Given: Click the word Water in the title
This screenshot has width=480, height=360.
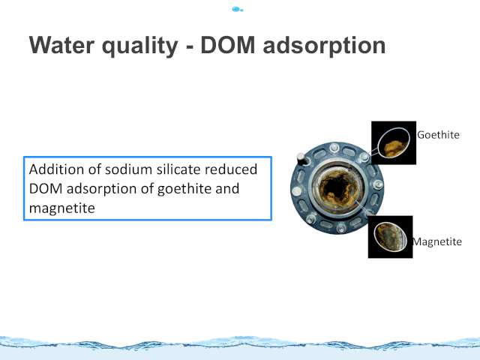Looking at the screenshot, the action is coord(61,45).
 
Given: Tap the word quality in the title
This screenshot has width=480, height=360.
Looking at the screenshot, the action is coord(139,46).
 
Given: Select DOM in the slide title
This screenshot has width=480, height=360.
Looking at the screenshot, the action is coord(228,45).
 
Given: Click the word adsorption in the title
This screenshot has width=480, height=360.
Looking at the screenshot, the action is coord(324,46).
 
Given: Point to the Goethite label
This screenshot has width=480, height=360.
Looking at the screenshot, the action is coord(438,135).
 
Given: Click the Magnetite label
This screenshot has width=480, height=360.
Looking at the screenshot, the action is coord(436,241).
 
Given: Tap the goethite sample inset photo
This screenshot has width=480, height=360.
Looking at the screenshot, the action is coord(394,142).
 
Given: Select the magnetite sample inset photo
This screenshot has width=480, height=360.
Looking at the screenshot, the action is coord(390,237).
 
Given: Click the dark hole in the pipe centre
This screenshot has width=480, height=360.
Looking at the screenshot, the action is coord(335,187).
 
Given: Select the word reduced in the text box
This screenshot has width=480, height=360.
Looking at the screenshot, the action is coord(231,169).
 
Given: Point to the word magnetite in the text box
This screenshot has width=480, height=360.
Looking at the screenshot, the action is coord(61,208).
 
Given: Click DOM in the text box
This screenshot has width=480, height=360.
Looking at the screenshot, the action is coord(46,189).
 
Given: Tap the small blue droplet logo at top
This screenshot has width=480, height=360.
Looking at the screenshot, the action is coord(237,10).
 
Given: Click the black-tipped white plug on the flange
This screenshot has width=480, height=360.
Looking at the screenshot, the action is coord(301,158).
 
